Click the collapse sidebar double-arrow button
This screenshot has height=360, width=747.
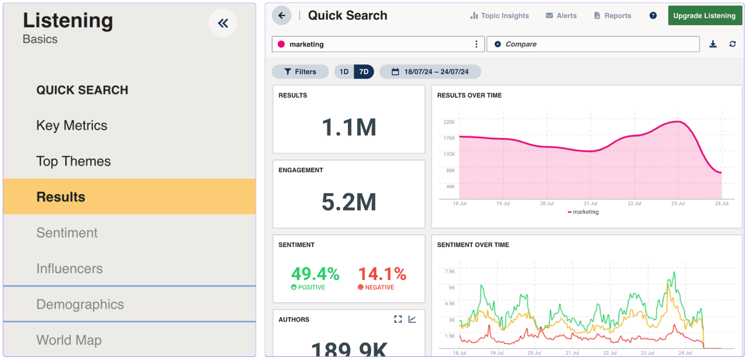click(223, 23)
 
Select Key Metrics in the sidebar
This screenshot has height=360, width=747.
click(71, 125)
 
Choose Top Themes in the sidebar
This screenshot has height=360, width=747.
click(73, 161)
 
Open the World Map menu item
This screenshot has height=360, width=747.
click(69, 340)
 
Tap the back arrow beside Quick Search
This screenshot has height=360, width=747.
click(282, 16)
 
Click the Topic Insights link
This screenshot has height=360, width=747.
click(499, 16)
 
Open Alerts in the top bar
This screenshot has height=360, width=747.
click(561, 16)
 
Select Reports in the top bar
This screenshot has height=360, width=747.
click(612, 16)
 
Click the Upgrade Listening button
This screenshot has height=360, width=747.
click(704, 16)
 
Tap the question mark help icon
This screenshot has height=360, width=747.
click(653, 16)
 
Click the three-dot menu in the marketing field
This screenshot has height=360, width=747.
click(476, 44)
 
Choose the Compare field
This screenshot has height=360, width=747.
click(593, 44)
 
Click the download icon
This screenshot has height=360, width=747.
click(713, 44)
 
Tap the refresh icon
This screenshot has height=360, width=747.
click(733, 44)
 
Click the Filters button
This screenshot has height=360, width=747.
click(300, 72)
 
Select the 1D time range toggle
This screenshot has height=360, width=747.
click(344, 72)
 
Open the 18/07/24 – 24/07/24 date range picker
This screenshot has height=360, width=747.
click(430, 72)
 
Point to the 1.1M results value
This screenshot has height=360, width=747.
click(349, 128)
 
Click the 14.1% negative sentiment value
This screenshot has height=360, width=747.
click(382, 274)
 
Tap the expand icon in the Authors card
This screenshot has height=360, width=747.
click(398, 319)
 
